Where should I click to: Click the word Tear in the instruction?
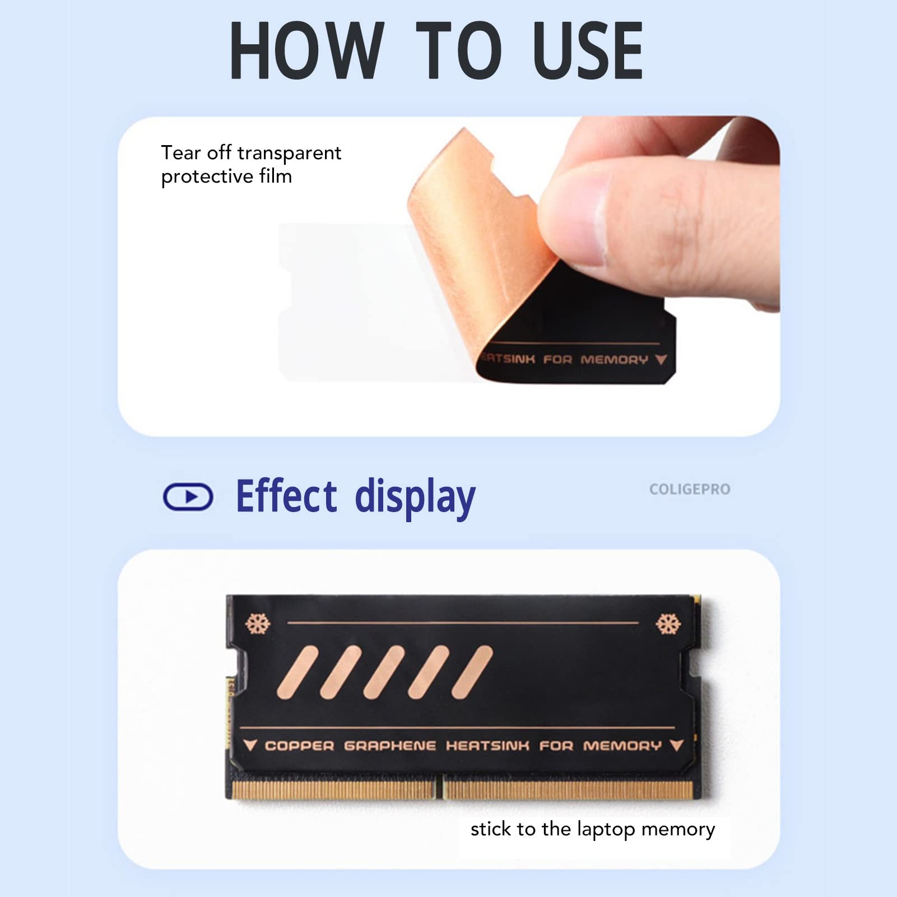180,152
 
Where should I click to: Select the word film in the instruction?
275,176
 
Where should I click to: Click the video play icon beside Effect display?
188,496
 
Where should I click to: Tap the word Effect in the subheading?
286,496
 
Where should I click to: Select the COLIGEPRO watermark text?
690,489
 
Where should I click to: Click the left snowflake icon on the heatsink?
258,623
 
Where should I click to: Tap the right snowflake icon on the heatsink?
668,623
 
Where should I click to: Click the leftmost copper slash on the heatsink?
298,672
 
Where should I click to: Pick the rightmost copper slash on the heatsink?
472,672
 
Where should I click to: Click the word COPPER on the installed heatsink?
299,746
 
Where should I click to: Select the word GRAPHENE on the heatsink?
390,746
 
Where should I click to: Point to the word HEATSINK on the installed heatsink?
487,746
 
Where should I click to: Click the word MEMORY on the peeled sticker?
614,359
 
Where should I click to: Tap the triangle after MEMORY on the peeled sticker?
661,359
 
